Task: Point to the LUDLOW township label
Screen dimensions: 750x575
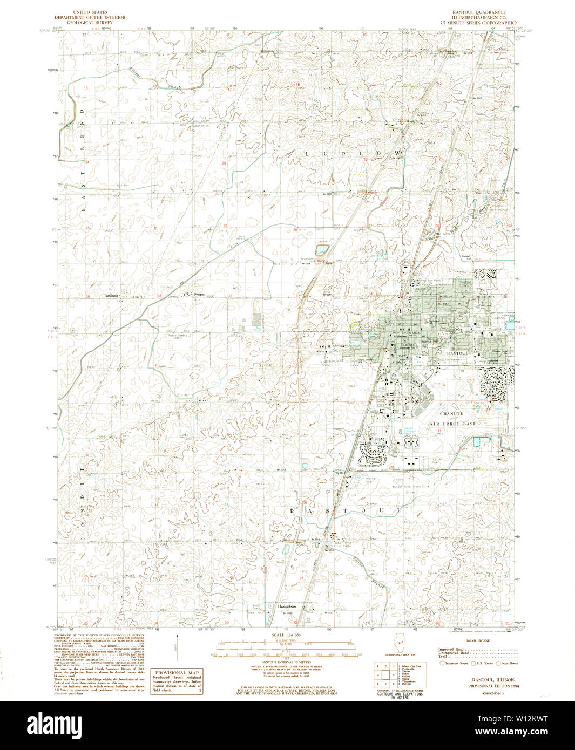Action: [x=353, y=153]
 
